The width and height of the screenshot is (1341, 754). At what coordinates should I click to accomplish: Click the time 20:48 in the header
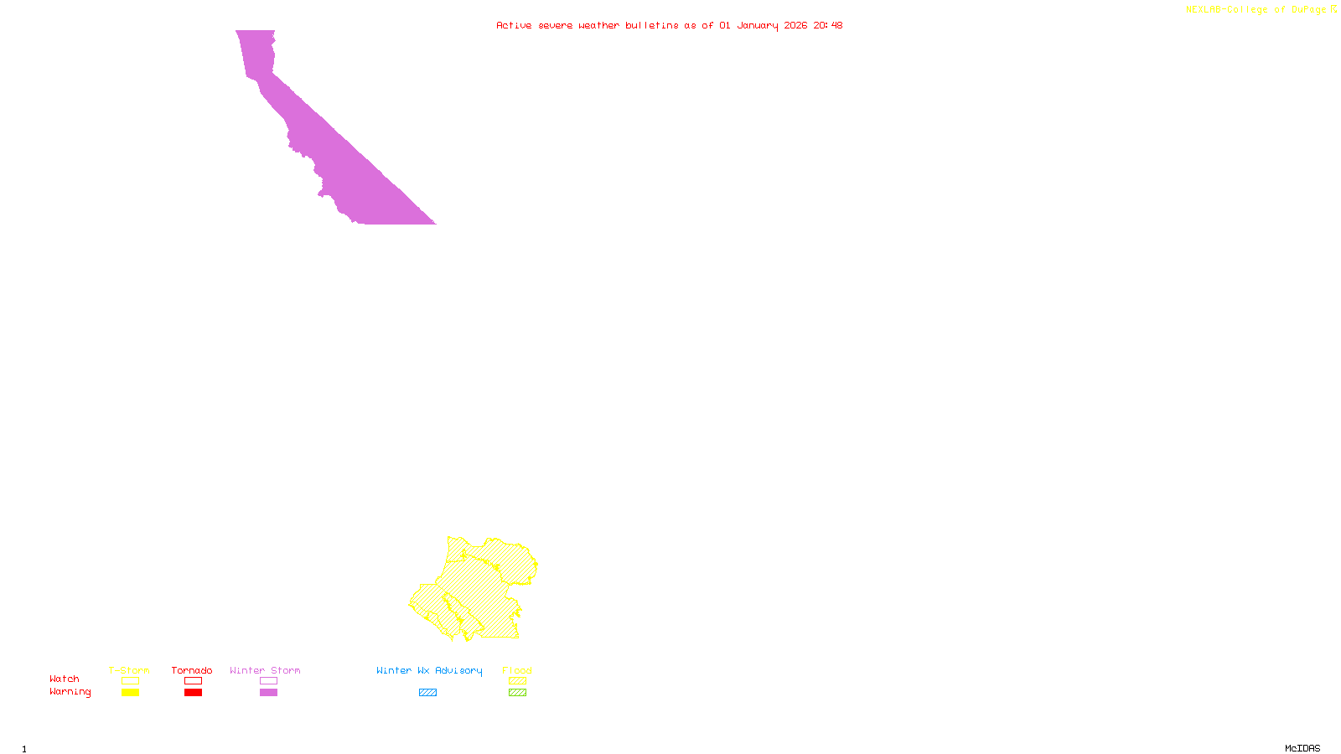pyautogui.click(x=828, y=25)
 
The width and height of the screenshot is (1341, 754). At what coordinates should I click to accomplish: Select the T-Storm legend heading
pyautogui.click(x=129, y=670)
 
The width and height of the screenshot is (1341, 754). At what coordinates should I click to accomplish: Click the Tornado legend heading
pyautogui.click(x=192, y=670)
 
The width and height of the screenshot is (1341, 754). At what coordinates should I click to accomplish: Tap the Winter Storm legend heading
pyautogui.click(x=265, y=670)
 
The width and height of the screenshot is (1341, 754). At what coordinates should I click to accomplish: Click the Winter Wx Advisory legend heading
pyautogui.click(x=429, y=670)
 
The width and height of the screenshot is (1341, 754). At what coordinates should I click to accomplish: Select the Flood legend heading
pyautogui.click(x=517, y=670)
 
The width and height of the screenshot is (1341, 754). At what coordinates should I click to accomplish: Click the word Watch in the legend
pyautogui.click(x=65, y=679)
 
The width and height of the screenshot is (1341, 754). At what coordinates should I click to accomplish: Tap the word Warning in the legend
pyautogui.click(x=70, y=692)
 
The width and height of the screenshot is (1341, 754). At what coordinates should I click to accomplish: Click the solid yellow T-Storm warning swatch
pyautogui.click(x=130, y=693)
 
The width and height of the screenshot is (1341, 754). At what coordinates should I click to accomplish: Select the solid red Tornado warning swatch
pyautogui.click(x=193, y=693)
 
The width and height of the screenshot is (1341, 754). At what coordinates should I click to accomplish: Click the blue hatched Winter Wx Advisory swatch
pyautogui.click(x=427, y=693)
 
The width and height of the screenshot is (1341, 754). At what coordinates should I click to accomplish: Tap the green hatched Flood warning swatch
pyautogui.click(x=517, y=693)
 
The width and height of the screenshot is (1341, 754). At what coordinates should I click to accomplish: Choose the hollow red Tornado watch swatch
pyautogui.click(x=193, y=681)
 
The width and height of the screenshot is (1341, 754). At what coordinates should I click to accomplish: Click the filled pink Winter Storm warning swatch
pyautogui.click(x=268, y=693)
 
